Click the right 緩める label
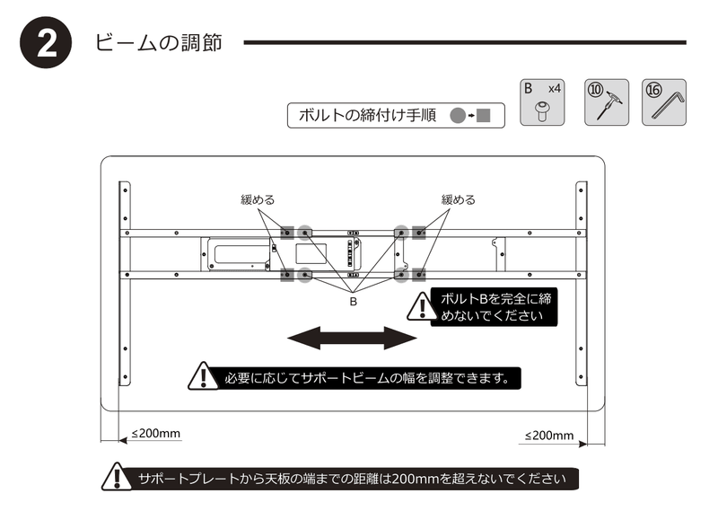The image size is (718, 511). click(458, 199)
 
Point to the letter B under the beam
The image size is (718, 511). click(353, 303)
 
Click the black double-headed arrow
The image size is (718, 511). click(352, 339)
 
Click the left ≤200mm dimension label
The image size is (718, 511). click(156, 433)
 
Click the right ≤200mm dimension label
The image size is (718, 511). click(548, 436)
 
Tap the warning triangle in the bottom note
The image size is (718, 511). click(117, 477)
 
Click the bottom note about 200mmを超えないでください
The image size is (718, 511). click(352, 478)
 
